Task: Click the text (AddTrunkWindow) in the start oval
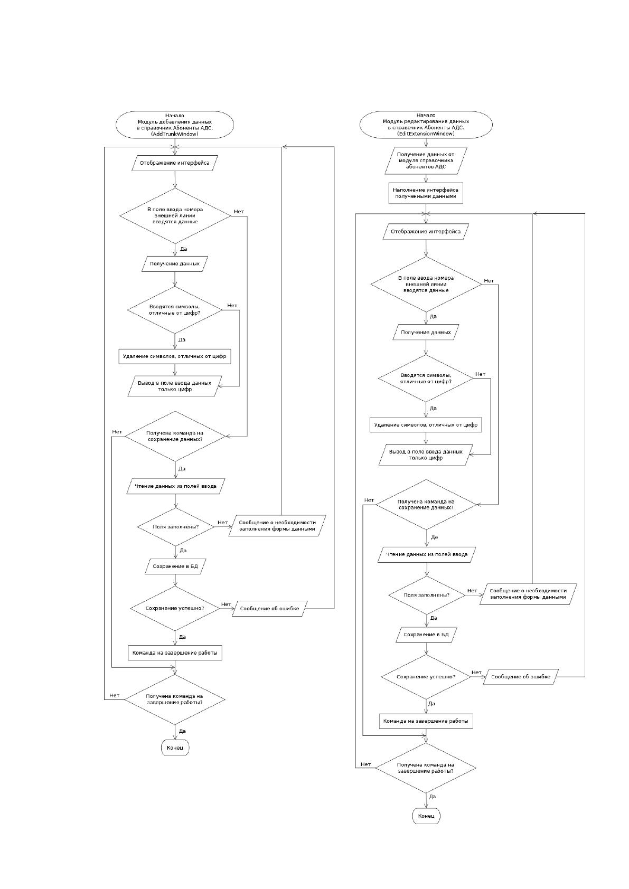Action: click(175, 134)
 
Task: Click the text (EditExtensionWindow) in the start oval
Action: click(426, 134)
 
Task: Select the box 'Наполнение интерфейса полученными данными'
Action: click(426, 193)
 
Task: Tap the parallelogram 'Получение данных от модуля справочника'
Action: click(426, 160)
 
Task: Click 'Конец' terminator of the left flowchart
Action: click(175, 748)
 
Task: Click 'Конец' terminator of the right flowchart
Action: click(426, 816)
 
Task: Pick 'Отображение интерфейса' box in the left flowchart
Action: click(175, 163)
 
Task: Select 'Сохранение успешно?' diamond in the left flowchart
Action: click(175, 608)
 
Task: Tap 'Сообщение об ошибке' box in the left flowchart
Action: click(270, 608)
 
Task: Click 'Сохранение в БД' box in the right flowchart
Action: click(426, 635)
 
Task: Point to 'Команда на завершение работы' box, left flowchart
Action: click(175, 653)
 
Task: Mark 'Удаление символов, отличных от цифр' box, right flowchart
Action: click(426, 425)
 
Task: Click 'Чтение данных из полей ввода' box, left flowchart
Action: click(175, 486)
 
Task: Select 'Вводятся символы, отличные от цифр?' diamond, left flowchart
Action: click(175, 310)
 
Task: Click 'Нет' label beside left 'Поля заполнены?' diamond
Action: click(222, 522)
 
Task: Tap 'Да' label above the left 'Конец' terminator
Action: click(182, 731)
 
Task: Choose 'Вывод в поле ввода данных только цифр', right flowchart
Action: click(426, 455)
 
